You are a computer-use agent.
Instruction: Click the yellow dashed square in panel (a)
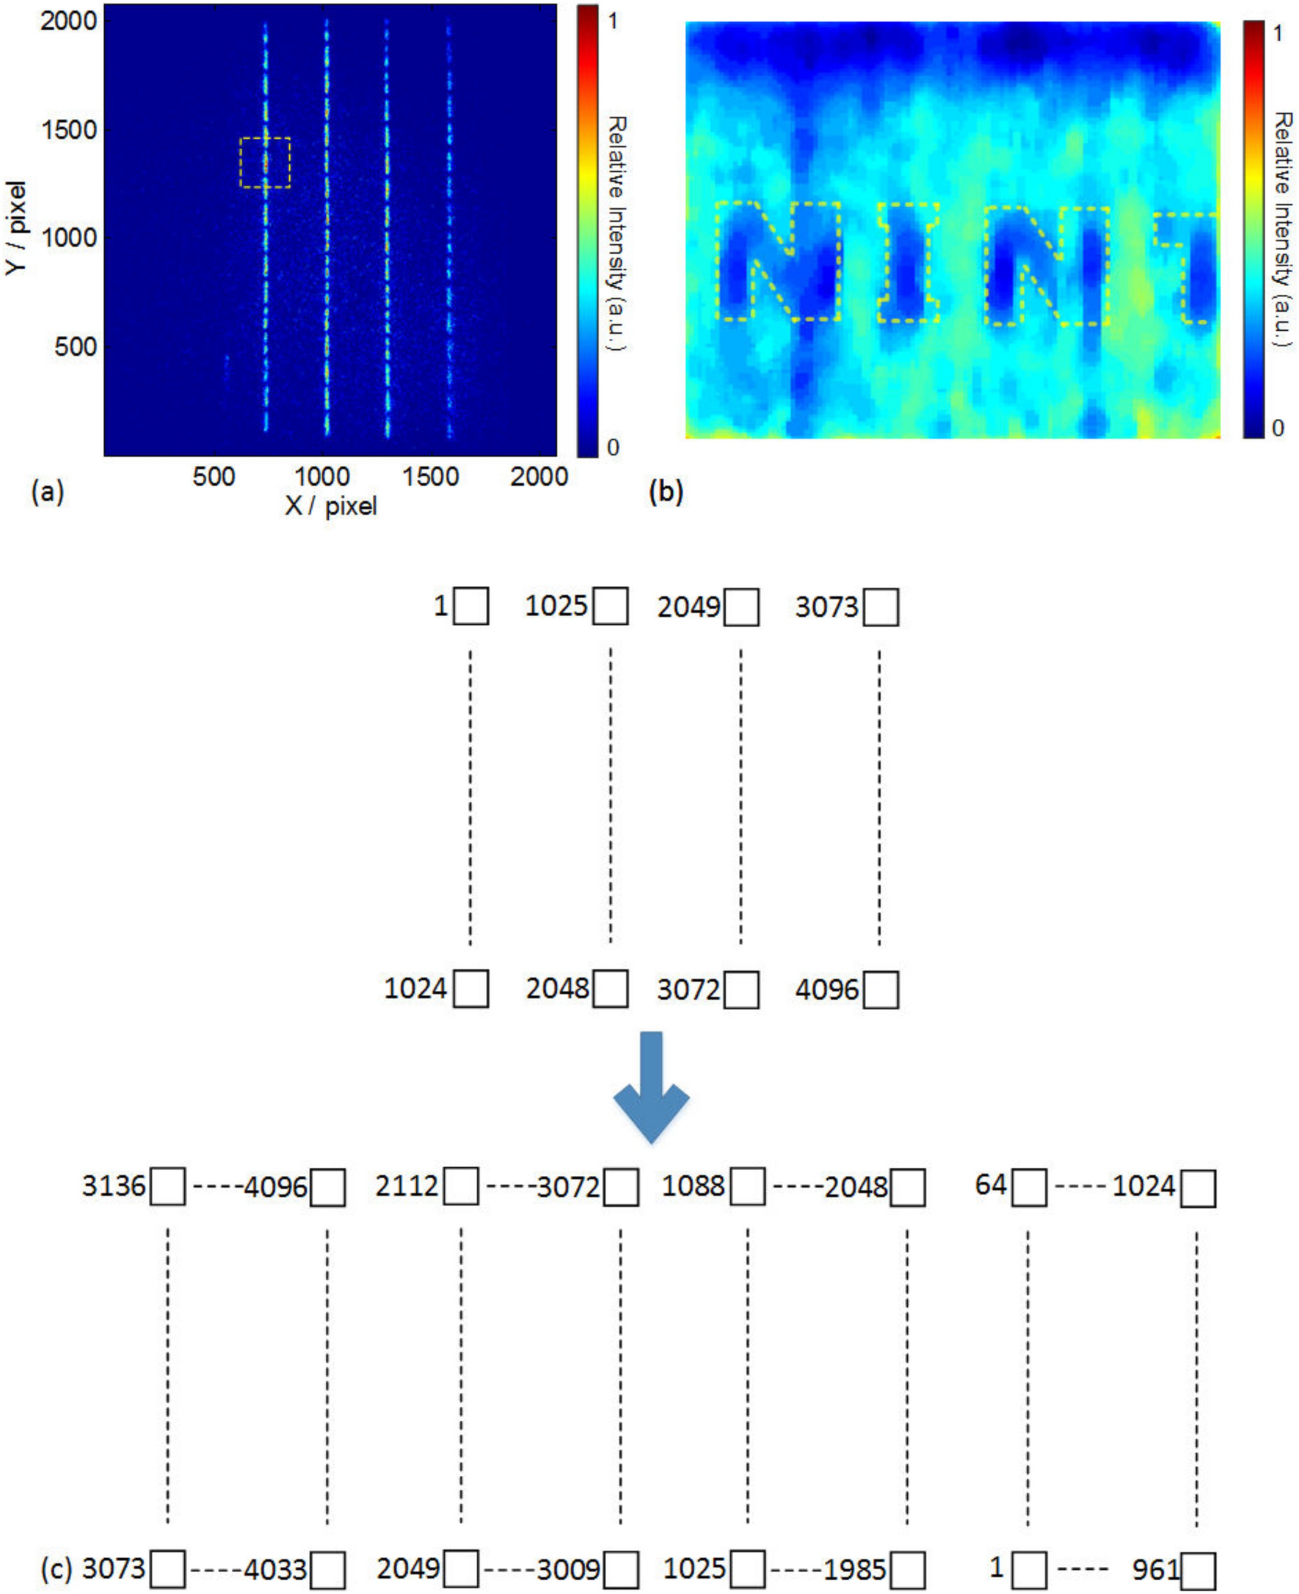pos(265,162)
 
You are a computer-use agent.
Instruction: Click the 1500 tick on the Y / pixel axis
pos(69,130)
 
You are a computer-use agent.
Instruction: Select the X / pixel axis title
pos(331,506)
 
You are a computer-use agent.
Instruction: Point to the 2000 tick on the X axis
pos(539,477)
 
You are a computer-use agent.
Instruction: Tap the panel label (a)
pos(48,491)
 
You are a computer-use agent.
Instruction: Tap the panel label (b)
pos(666,491)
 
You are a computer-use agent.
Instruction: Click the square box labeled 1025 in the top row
pos(611,606)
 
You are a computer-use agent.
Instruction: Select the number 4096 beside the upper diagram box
pos(826,990)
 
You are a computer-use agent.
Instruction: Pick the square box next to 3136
pos(167,1186)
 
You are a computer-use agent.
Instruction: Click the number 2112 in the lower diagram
pos(407,1185)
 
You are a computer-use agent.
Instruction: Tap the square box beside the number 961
pos(1198,1571)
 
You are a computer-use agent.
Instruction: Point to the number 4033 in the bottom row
pos(275,1570)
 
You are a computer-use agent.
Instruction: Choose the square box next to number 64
pos(1029,1188)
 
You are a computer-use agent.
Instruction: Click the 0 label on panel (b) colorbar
pos(1278,428)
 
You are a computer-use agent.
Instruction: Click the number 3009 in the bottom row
pos(569,1570)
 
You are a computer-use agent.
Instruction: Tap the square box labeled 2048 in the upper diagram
pos(611,989)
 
